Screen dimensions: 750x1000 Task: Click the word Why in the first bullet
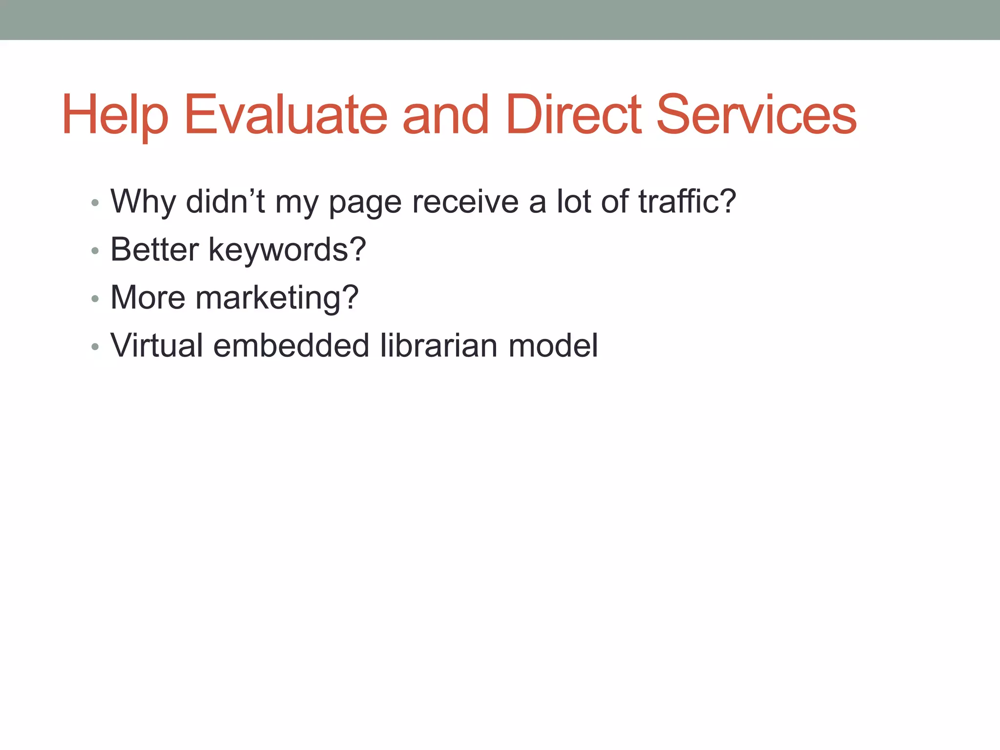[x=143, y=202]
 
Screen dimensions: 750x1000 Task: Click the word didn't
[x=225, y=201]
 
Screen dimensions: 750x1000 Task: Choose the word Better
[x=155, y=250]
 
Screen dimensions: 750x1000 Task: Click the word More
[x=148, y=297]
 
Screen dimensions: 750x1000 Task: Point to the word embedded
[x=291, y=345]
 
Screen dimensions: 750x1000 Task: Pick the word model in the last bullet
[x=553, y=345]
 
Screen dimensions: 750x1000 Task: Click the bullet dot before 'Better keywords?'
[x=95, y=251]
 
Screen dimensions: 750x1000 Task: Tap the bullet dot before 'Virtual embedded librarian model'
[x=95, y=347]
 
